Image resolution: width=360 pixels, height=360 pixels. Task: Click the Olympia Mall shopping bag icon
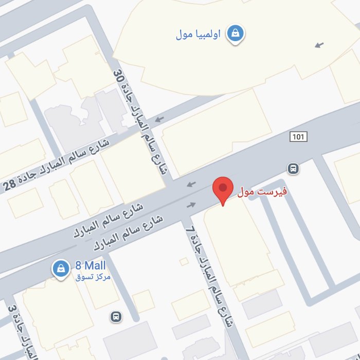pyautogui.click(x=236, y=33)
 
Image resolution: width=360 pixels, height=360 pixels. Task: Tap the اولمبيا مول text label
pyautogui.click(x=198, y=34)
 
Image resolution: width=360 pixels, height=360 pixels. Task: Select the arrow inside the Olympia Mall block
pyautogui.click(x=320, y=45)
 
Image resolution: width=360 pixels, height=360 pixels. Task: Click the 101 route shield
pyautogui.click(x=298, y=137)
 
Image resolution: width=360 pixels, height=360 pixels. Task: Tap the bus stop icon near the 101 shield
pyautogui.click(x=293, y=168)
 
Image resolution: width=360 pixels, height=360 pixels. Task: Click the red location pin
pyautogui.click(x=223, y=188)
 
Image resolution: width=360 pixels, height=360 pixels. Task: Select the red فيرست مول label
pyautogui.click(x=262, y=192)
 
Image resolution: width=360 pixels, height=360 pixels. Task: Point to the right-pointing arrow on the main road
pyautogui.click(x=191, y=205)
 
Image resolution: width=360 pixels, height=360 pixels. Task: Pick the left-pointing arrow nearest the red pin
pyautogui.click(x=191, y=184)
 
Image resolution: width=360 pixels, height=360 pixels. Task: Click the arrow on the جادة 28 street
pyautogui.click(x=159, y=119)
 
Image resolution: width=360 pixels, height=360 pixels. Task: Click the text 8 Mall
pyautogui.click(x=91, y=266)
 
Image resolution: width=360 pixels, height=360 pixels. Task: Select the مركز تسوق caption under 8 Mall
pyautogui.click(x=93, y=277)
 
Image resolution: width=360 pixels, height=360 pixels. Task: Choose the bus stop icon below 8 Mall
pyautogui.click(x=117, y=317)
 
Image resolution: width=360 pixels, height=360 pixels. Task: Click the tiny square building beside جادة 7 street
pyautogui.click(x=184, y=262)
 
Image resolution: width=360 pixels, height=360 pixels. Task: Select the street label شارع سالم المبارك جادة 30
pyautogui.click(x=140, y=123)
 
